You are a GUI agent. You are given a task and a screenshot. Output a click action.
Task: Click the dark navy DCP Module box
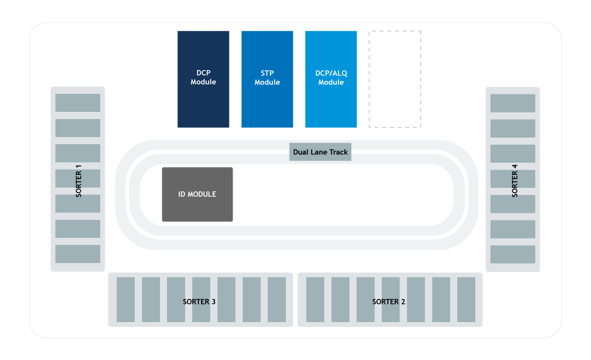203,78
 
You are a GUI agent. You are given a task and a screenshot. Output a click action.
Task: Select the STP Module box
267,78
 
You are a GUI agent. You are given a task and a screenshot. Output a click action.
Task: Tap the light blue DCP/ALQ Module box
331,78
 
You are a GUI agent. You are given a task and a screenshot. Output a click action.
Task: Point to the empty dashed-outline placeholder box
394,78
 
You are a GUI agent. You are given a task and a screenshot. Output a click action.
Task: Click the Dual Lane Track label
320,152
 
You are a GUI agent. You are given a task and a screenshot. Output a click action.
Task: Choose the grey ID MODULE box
197,194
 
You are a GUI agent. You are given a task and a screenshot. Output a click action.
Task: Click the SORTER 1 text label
78,180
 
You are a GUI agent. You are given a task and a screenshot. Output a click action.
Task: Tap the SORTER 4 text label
514,180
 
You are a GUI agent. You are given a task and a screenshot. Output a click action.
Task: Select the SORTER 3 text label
199,301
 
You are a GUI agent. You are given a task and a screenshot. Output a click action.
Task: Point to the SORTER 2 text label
389,301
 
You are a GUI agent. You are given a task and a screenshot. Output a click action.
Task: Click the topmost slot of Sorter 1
78,103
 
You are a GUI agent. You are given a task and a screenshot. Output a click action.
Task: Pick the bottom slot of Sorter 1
78,254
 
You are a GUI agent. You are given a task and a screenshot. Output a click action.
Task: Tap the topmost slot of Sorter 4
513,103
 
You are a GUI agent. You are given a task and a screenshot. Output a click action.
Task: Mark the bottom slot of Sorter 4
513,254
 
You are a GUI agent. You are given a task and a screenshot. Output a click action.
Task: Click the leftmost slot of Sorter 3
126,300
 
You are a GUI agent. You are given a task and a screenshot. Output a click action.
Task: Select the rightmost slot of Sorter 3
277,300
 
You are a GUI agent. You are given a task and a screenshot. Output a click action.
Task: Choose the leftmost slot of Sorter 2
315,300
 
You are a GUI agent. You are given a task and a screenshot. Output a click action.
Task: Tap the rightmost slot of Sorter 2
466,300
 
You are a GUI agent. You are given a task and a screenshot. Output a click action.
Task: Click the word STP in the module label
267,73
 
